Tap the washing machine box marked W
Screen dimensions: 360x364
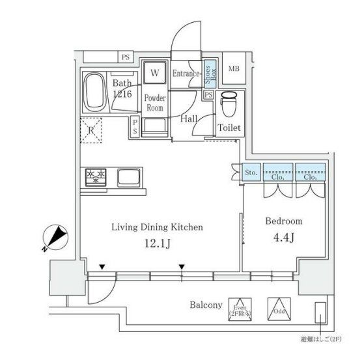tap(155, 72)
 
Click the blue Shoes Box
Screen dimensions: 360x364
tap(210, 75)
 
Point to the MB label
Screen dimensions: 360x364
tap(233, 68)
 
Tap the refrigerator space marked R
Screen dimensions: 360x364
tap(92, 129)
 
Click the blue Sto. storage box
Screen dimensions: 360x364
tap(252, 172)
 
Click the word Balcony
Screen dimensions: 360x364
tap(206, 305)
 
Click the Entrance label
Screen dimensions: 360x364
tap(186, 74)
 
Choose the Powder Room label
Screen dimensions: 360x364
tap(155, 103)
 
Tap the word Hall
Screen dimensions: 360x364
tap(189, 118)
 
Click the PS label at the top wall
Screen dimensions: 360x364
tap(124, 57)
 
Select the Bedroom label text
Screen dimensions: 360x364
tap(283, 221)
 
